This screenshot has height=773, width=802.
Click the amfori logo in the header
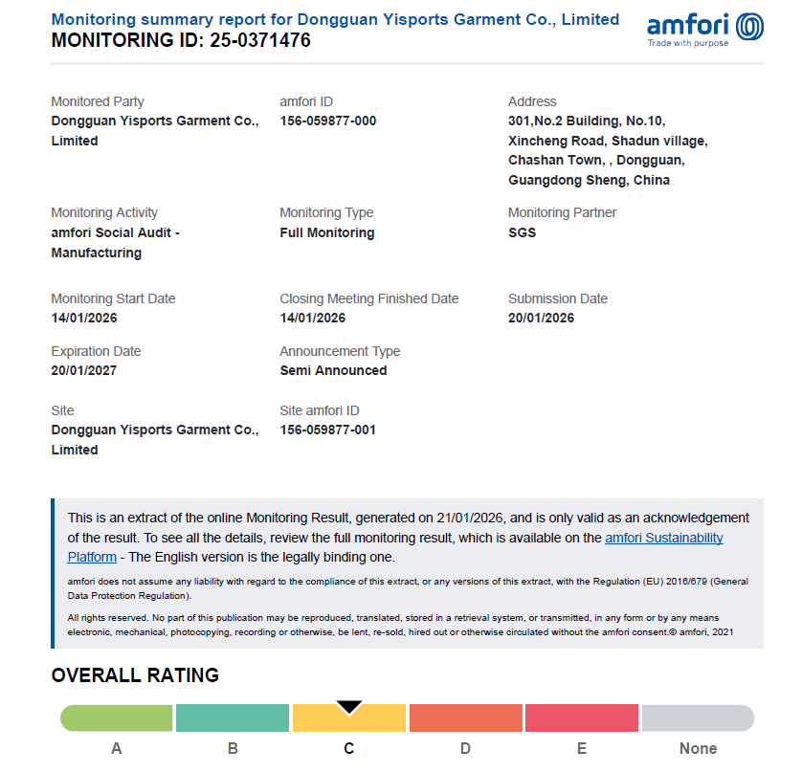click(704, 29)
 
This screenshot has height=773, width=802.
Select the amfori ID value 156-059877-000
click(327, 121)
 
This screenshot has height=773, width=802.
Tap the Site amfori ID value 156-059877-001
click(327, 430)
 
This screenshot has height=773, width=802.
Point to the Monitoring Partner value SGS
click(522, 232)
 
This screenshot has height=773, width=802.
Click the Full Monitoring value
click(326, 232)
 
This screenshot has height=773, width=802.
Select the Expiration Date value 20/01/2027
click(84, 370)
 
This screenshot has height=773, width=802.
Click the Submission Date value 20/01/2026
click(541, 318)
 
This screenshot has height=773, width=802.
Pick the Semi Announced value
click(333, 370)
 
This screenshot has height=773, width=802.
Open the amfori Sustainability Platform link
click(664, 538)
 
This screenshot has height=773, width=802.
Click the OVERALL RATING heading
click(135, 675)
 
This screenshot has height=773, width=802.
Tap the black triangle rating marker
click(349, 707)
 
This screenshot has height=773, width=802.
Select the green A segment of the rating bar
click(116, 718)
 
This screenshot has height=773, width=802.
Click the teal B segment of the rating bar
click(233, 718)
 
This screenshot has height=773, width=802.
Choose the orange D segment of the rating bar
click(465, 718)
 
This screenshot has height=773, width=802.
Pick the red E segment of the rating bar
click(582, 718)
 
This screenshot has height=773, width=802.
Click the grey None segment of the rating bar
click(698, 718)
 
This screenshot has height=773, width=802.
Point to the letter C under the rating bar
click(349, 748)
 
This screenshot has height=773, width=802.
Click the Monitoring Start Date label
click(113, 298)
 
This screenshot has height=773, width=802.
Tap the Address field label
click(532, 101)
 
